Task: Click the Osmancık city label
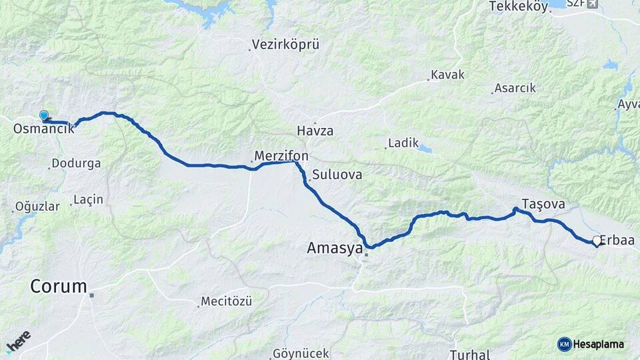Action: pos(43,129)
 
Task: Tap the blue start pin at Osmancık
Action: pos(44,116)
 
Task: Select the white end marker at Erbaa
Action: pos(597,241)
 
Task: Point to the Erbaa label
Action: pos(617,241)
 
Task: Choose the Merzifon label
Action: pos(281,155)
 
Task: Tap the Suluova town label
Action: pos(337,175)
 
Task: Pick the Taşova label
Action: pos(543,204)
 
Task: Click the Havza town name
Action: pos(315,131)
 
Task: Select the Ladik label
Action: pos(403,143)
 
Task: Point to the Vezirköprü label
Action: pos(285,45)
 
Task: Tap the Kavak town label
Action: pos(447,75)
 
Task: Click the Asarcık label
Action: pos(514,88)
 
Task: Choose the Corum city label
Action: pos(59,287)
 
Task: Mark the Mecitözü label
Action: pos(227,301)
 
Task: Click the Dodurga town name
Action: pos(76,163)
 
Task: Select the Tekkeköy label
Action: pos(517,7)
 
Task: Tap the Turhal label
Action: pos(470,354)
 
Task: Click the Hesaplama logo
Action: pos(591,344)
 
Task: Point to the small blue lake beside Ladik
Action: pos(425,149)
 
